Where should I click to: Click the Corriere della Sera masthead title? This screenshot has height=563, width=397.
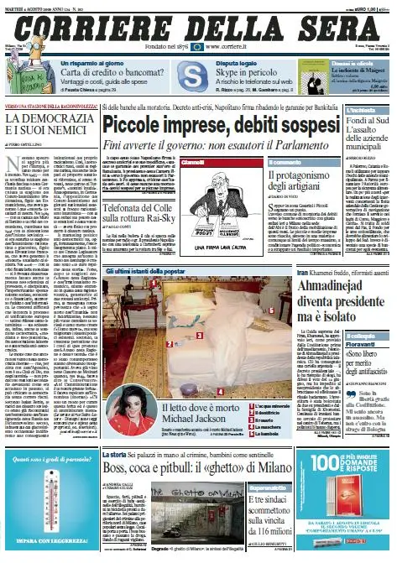click(198, 21)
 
